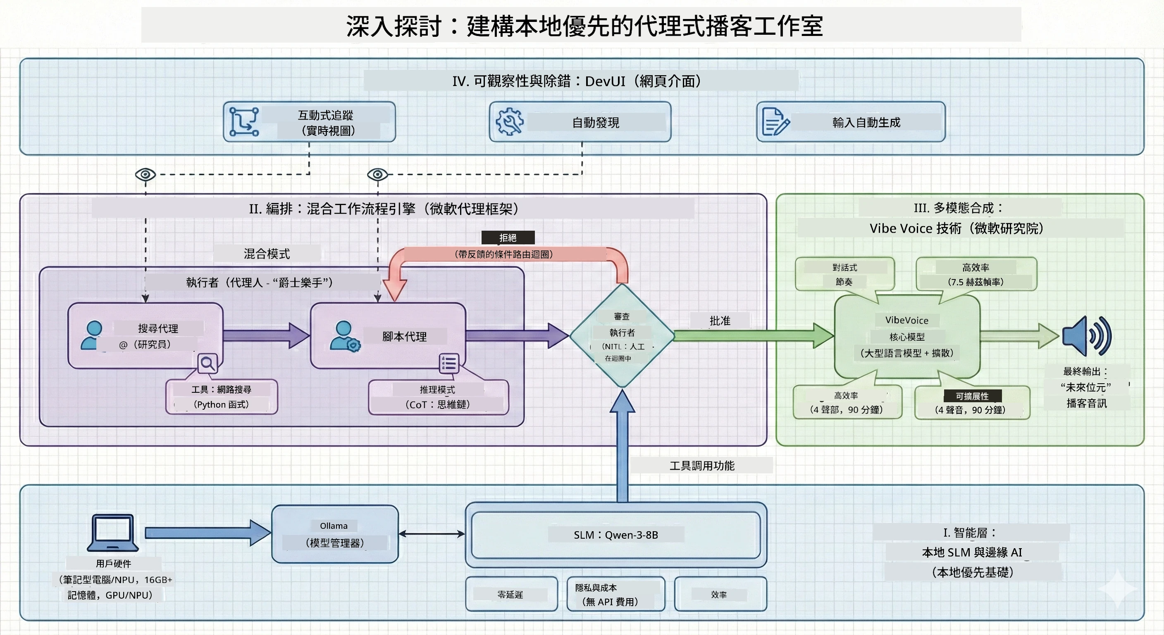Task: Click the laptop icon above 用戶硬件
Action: (113, 532)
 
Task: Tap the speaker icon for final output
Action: (1087, 336)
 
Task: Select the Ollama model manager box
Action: (335, 534)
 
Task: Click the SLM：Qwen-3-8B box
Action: (616, 535)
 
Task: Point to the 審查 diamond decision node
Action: (622, 335)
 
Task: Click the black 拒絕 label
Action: (508, 237)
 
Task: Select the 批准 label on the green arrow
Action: (720, 320)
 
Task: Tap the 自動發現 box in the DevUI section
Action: (580, 122)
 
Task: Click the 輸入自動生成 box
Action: (851, 122)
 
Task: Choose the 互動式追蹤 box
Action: (310, 122)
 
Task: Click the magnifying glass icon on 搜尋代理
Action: (208, 363)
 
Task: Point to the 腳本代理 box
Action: (388, 336)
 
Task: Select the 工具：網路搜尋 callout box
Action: (222, 397)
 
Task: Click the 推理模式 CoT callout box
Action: (438, 397)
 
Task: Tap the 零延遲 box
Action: (511, 594)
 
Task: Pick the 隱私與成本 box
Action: (616, 594)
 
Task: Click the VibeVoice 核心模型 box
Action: (907, 336)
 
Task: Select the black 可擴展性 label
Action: (972, 396)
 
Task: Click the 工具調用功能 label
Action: (702, 465)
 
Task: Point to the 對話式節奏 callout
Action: (844, 275)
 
